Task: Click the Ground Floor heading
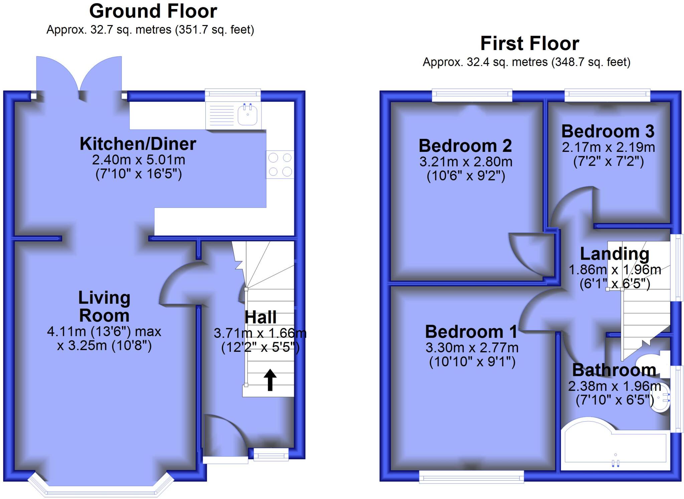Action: (153, 11)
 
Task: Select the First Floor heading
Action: (529, 44)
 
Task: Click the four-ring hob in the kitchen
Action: (280, 165)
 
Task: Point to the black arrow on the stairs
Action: (270, 380)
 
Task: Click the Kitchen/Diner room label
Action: (138, 144)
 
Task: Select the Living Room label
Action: (104, 306)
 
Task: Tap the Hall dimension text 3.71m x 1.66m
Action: (260, 333)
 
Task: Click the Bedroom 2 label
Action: (465, 146)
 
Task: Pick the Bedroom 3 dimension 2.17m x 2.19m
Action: (608, 147)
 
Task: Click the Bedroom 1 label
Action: (471, 332)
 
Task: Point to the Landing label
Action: (615, 254)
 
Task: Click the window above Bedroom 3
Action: (607, 95)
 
